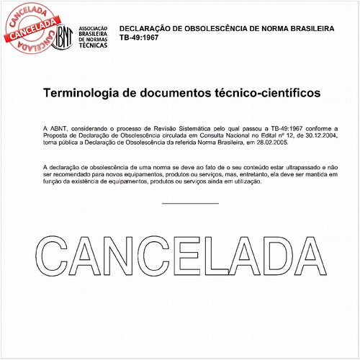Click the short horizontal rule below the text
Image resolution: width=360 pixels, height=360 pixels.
coord(190,203)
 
